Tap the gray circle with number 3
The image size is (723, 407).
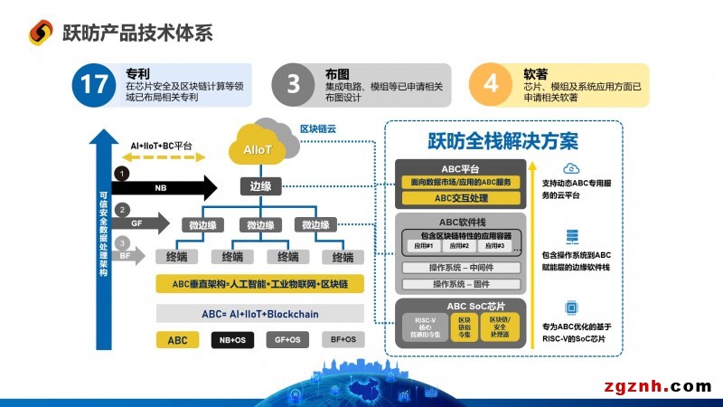pyautogui.click(x=293, y=85)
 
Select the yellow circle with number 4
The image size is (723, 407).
pyautogui.click(x=492, y=85)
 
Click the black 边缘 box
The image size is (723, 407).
pyautogui.click(x=261, y=186)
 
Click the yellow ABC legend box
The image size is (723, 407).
pyautogui.click(x=178, y=340)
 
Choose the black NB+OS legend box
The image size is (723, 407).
pyautogui.click(x=232, y=340)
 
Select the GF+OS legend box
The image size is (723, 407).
pyautogui.click(x=287, y=340)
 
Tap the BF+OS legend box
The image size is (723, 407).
pyautogui.click(x=341, y=340)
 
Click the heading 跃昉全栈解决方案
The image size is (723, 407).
pyautogui.click(x=503, y=142)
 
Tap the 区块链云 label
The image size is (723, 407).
pyautogui.click(x=317, y=129)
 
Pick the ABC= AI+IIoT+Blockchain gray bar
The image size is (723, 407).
pyautogui.click(x=259, y=314)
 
